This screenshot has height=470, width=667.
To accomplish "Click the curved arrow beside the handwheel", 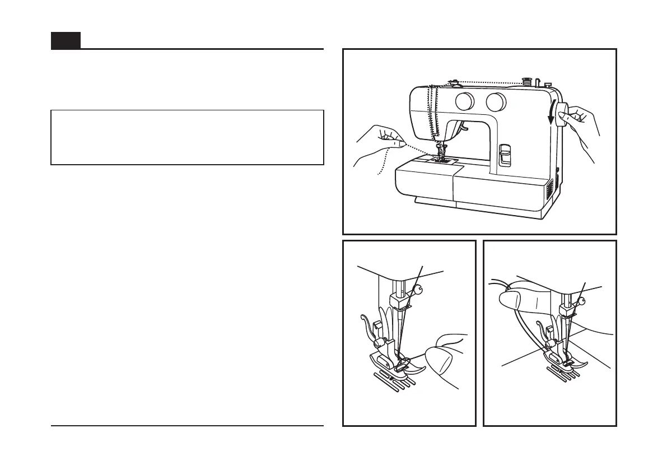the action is coord(553,112).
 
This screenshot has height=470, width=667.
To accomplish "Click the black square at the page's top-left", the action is coord(66,40).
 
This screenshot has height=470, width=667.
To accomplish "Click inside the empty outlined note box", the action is coord(187,137).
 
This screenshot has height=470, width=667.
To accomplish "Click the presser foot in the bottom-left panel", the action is coord(392,361).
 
